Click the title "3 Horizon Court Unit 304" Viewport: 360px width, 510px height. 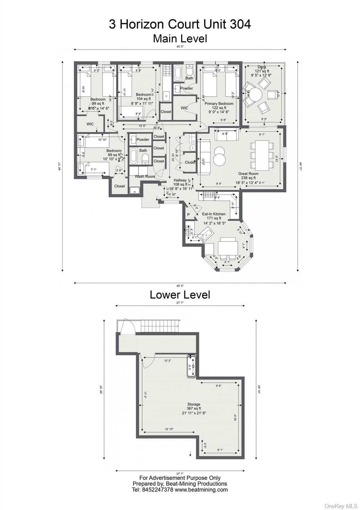coord(180,24)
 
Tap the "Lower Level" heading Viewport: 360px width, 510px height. coord(180,295)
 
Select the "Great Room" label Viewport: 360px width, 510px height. coord(248,174)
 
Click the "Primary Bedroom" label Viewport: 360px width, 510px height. coord(219,104)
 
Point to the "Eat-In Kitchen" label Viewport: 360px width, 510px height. coord(214,214)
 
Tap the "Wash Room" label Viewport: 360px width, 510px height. coord(145,176)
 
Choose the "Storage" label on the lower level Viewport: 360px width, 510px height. coord(194,404)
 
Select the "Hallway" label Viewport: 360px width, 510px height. coord(180,180)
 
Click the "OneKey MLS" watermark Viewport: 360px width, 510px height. coord(341,506)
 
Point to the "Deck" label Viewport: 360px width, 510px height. coord(262,67)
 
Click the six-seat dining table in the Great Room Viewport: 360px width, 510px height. coord(262,155)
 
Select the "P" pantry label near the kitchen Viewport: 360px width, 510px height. coord(188,215)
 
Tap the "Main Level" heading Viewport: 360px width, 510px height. coord(180,39)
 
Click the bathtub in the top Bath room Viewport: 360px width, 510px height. coord(178,73)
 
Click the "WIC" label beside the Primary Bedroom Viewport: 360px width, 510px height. coord(184,108)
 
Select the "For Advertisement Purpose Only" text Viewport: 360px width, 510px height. coord(180,478)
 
